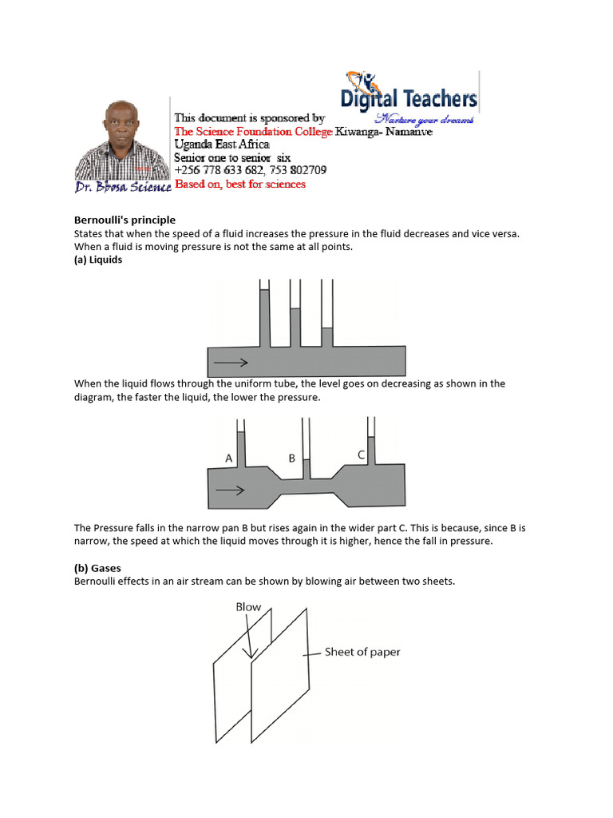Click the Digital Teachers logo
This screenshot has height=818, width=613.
click(409, 97)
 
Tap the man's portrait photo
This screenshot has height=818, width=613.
click(122, 140)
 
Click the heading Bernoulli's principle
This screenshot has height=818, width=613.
click(125, 220)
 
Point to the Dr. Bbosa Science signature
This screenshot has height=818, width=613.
click(123, 187)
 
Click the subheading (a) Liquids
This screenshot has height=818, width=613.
click(98, 260)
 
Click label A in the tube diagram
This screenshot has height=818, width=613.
click(229, 459)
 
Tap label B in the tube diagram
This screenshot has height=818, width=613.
click(292, 459)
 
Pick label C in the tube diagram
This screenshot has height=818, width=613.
click(362, 455)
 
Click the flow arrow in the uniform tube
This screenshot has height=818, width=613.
click(231, 363)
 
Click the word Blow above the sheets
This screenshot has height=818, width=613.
click(248, 607)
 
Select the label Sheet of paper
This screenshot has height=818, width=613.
click(362, 652)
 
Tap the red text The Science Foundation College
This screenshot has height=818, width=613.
click(253, 132)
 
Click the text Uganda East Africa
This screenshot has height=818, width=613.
click(222, 145)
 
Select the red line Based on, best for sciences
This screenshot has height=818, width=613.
click(240, 184)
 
